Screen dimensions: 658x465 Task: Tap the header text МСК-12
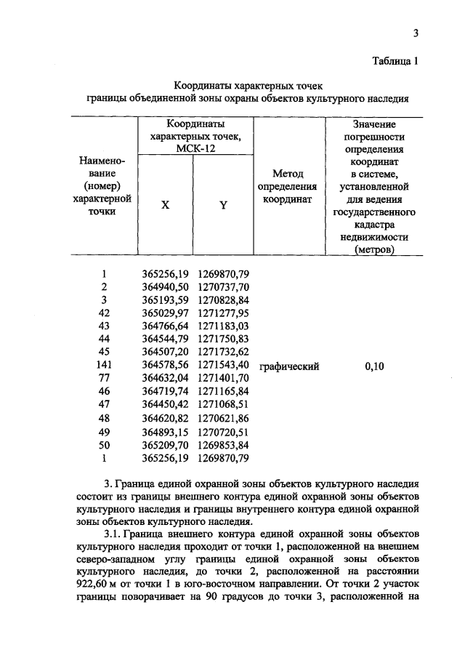point(194,148)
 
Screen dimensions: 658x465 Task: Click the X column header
point(166,205)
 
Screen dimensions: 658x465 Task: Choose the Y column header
point(224,205)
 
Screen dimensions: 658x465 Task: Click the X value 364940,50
point(165,287)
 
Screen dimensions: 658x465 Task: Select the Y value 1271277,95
point(223,313)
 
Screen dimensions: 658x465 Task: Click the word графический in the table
point(289,366)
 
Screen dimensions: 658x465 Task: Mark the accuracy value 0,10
point(374,366)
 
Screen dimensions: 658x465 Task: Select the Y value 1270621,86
point(223,419)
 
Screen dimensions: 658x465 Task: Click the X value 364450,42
point(165,406)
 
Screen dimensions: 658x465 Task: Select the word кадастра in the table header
point(373,225)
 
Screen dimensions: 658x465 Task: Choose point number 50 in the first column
point(105,445)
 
